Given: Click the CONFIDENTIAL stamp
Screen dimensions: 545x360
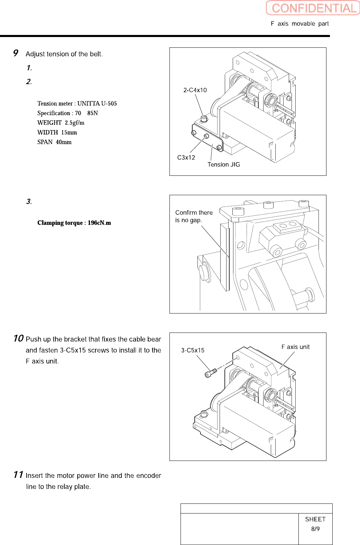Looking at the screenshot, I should coord(313,8).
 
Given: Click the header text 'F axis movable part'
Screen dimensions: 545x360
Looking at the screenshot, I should coord(299,24).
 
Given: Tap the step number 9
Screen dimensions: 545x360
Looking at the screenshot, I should coord(16,53).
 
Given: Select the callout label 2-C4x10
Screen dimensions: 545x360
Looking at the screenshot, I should coord(195,90).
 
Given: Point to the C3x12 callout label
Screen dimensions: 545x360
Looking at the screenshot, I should coord(186,157).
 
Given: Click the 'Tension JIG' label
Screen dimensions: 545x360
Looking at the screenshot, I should coord(223,164).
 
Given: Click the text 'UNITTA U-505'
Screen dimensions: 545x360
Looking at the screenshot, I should coord(97,103).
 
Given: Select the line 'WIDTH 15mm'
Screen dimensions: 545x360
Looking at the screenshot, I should coord(57,133).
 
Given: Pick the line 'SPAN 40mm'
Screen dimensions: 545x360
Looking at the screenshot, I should coord(54,142).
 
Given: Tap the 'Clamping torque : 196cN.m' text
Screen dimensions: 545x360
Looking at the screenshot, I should coord(74,223).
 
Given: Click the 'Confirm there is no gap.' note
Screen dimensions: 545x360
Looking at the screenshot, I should coord(193,216).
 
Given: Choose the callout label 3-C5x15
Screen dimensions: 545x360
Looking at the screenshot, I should coord(193,350).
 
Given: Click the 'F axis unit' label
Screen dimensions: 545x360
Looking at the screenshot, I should coord(295,347).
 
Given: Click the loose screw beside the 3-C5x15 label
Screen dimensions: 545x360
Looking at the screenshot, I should coord(210,373).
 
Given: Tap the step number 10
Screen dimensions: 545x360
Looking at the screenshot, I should coord(18,338).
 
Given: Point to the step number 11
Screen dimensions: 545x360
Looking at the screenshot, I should coord(18,475).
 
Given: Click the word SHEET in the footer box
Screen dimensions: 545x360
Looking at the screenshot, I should coord(315,519).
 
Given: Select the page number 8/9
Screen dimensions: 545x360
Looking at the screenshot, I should coord(315,529).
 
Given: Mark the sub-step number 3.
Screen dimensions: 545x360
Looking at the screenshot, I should coord(29,202).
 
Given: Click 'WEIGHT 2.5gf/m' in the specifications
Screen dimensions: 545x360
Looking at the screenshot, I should coord(61,123).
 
